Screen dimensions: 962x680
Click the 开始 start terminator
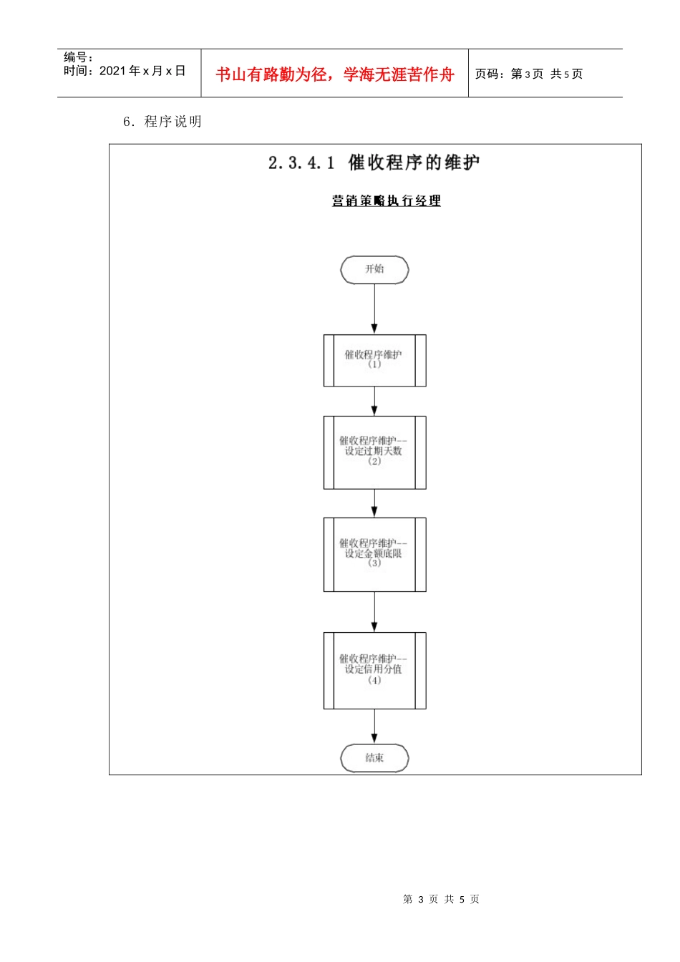(374, 270)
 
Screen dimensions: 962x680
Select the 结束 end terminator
(374, 758)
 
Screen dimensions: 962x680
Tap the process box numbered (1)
(374, 360)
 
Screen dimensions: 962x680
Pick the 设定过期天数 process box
(374, 452)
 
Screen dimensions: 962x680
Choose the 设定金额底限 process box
(374, 554)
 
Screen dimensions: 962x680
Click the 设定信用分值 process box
(374, 670)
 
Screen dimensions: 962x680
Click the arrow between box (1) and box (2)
(374, 401)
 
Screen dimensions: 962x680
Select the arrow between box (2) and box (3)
(374, 503)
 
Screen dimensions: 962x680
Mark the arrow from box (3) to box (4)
(374, 612)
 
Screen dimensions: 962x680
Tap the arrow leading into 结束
(374, 727)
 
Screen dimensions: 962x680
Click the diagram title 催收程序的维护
(414, 163)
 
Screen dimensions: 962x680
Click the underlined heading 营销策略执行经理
(386, 201)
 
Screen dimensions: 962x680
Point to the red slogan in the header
(335, 74)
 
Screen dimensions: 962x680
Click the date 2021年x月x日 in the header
(142, 71)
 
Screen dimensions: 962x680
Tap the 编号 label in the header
(77, 57)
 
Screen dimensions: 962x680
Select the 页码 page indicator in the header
(529, 74)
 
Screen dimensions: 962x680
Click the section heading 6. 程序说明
(162, 122)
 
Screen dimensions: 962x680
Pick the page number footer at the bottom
(441, 899)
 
